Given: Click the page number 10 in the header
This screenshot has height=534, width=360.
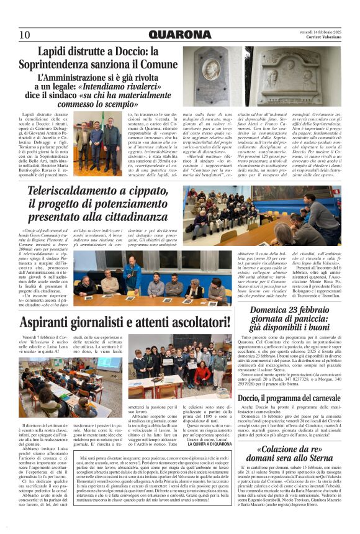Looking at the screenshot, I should click(x=25, y=34).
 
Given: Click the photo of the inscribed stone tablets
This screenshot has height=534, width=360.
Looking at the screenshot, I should click(x=292, y=76).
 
